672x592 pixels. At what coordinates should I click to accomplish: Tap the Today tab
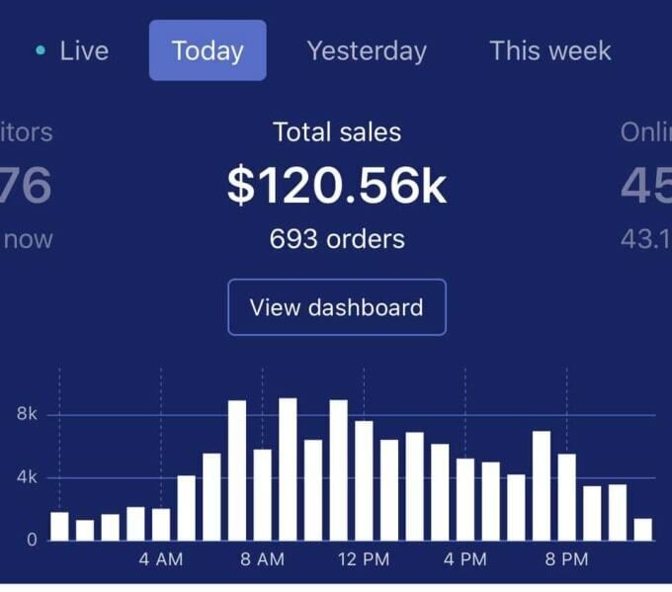pyautogui.click(x=208, y=50)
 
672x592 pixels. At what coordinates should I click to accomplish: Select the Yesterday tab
pyautogui.click(x=367, y=50)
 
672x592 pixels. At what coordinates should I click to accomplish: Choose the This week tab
pyautogui.click(x=550, y=50)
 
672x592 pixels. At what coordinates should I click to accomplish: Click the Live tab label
pyautogui.click(x=84, y=50)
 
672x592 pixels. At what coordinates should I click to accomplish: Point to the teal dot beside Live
pyautogui.click(x=41, y=50)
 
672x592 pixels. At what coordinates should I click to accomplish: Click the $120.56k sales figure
pyautogui.click(x=337, y=185)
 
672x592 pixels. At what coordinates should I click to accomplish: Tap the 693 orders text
pyautogui.click(x=337, y=239)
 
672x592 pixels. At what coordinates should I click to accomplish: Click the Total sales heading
pyautogui.click(x=337, y=132)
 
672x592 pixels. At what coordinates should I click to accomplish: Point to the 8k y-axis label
pyautogui.click(x=27, y=415)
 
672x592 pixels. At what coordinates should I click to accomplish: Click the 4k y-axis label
pyautogui.click(x=27, y=478)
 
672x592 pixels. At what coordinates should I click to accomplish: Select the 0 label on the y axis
pyautogui.click(x=33, y=540)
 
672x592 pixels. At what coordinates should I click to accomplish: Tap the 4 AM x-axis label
pyautogui.click(x=160, y=560)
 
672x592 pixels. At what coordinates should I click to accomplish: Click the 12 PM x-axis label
pyautogui.click(x=363, y=560)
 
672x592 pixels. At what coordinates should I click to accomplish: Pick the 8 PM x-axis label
pyautogui.click(x=566, y=560)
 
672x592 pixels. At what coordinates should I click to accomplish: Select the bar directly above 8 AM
pyautogui.click(x=262, y=494)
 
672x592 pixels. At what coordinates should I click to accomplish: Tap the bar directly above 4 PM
pyautogui.click(x=465, y=499)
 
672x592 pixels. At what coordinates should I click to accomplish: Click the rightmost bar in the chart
pyautogui.click(x=642, y=530)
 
